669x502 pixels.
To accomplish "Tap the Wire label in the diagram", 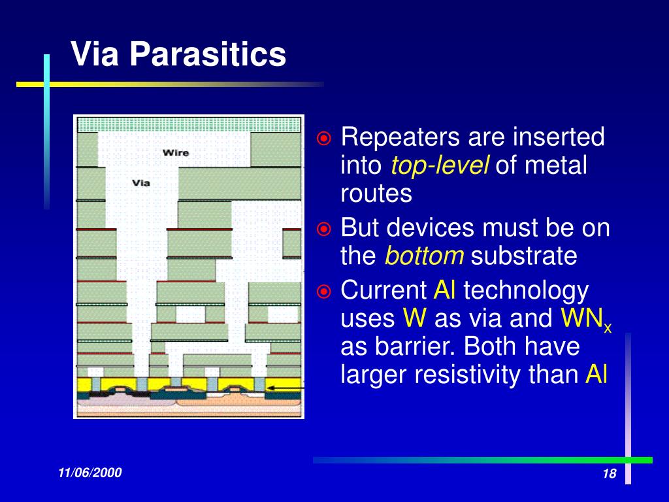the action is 175,153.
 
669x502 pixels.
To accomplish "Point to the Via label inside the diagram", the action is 141,183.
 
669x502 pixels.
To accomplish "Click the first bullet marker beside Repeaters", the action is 324,138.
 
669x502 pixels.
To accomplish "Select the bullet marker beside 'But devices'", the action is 324,229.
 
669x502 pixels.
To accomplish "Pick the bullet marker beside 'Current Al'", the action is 324,292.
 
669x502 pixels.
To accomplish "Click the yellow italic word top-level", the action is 440,166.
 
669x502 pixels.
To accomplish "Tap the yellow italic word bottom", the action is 424,256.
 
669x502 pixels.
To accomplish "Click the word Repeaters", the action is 400,138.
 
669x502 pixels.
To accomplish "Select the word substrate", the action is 524,256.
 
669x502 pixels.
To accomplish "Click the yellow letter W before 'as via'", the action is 414,318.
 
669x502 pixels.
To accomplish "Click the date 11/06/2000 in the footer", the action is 90,473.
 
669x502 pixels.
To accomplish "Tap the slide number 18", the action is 610,473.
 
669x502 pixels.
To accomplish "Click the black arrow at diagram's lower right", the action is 285,388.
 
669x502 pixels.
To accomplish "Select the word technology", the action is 526,292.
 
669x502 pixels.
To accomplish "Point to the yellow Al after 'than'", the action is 596,374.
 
